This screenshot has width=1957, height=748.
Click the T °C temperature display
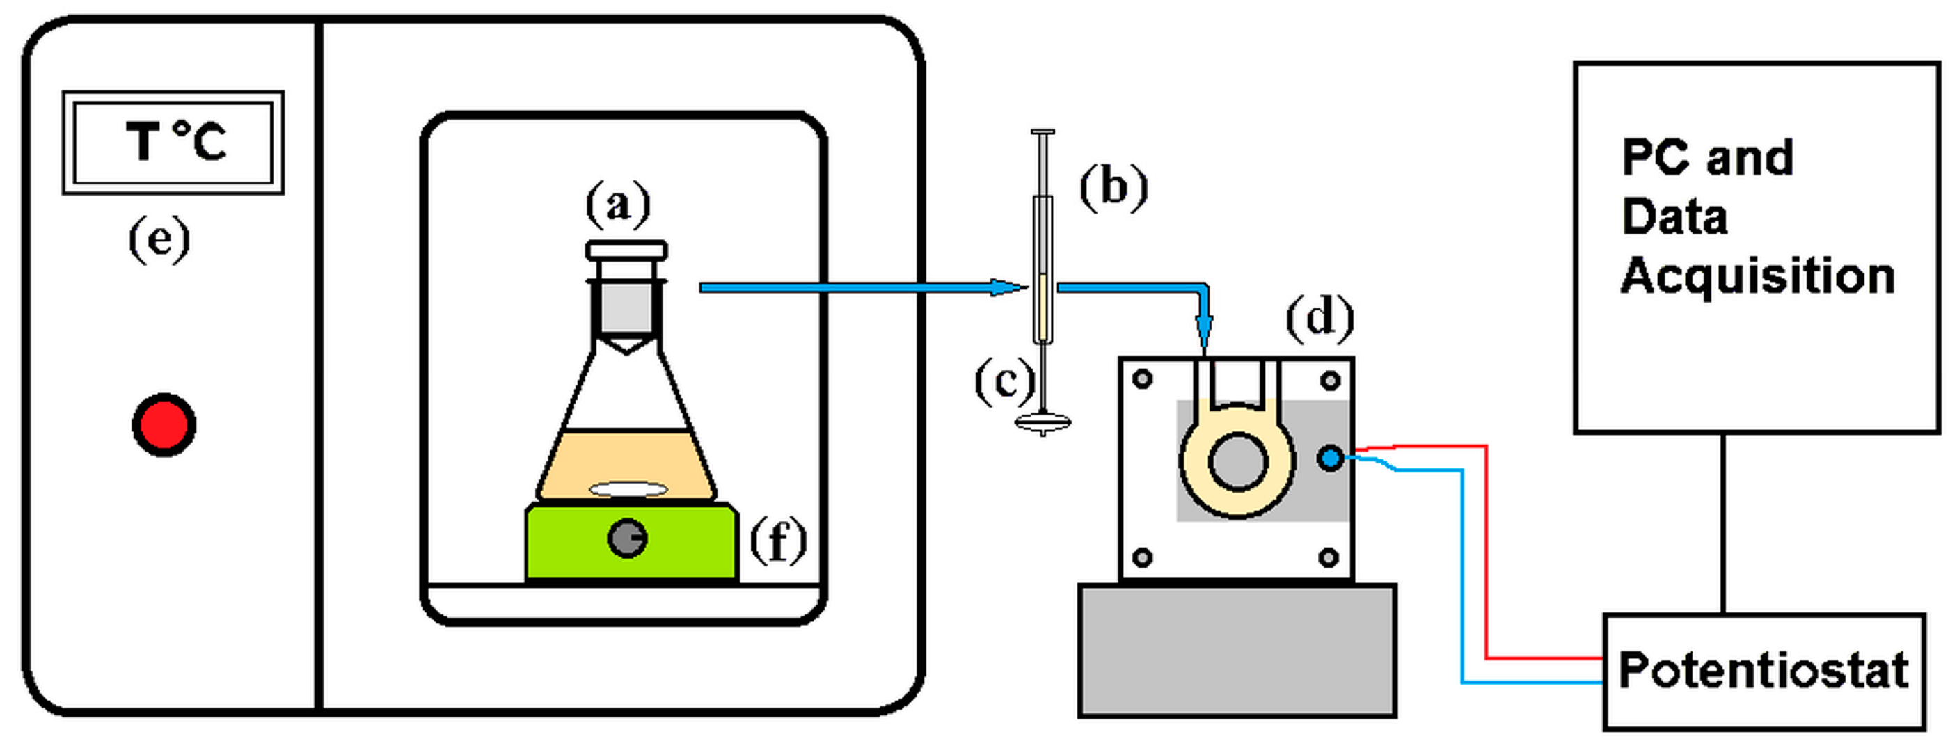(x=173, y=143)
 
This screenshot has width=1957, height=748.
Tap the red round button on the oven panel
(x=164, y=424)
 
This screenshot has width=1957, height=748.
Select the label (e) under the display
(x=159, y=240)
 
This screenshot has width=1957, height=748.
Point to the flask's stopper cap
(x=627, y=250)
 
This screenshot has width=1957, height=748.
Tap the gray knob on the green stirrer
(x=627, y=539)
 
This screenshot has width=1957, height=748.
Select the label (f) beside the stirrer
(x=778, y=541)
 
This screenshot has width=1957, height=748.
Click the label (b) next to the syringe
(x=1114, y=186)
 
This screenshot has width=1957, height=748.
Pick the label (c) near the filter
(x=1004, y=381)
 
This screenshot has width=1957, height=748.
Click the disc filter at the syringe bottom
(x=1043, y=422)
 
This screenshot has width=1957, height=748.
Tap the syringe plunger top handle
(x=1043, y=132)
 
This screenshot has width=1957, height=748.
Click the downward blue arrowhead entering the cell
(x=1203, y=331)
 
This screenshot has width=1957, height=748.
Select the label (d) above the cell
(x=1320, y=317)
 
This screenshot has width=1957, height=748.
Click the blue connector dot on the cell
(x=1329, y=458)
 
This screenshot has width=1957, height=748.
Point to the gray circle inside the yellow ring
(x=1237, y=461)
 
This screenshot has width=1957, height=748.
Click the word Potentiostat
(x=1764, y=670)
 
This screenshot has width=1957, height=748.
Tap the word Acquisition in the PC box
(x=1757, y=276)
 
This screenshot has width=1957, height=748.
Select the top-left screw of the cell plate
(x=1143, y=379)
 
